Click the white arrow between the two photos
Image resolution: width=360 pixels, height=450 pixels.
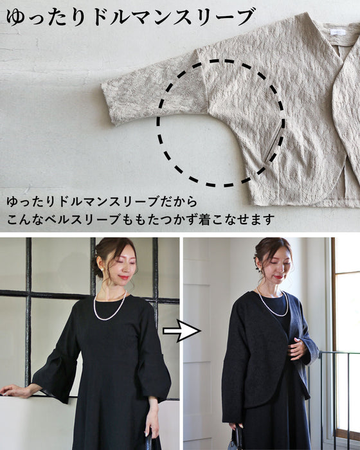pyautogui.click(x=181, y=330)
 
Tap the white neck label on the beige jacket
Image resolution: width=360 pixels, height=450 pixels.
pyautogui.click(x=338, y=32)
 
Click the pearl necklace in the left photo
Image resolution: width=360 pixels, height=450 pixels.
pyautogui.click(x=110, y=309)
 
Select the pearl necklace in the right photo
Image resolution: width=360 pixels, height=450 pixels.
pyautogui.click(x=272, y=304)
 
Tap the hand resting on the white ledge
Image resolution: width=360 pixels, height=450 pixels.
pyautogui.click(x=15, y=390)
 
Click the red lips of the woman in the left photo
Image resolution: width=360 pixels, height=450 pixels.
pyautogui.click(x=123, y=278)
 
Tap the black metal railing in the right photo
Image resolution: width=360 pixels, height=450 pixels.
pyautogui.click(x=339, y=399)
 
